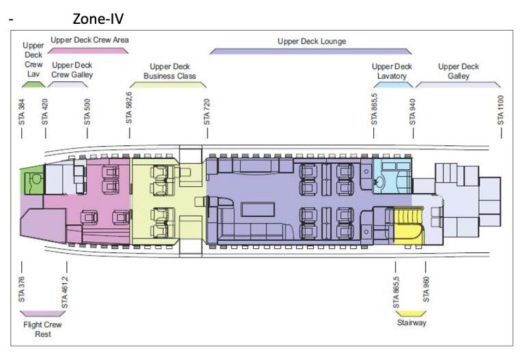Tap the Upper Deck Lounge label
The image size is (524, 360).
[x=311, y=42]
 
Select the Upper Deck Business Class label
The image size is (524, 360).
[x=169, y=72]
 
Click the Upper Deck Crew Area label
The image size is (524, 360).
[x=89, y=40]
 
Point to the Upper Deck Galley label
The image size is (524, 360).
[x=458, y=72]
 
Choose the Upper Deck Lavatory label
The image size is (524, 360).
[x=392, y=72]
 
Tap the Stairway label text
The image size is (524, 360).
[x=411, y=322]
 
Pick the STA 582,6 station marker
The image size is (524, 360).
[x=129, y=107]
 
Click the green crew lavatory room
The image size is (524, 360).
[x=31, y=180]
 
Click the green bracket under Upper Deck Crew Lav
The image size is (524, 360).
[x=33, y=85]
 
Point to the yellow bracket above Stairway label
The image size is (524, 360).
[x=411, y=313]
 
